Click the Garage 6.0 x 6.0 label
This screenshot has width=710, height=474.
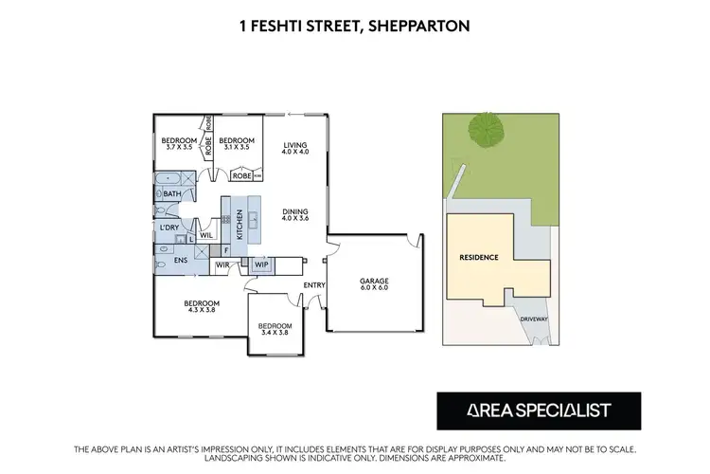[374, 283]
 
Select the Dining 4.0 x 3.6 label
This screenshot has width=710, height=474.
[296, 216]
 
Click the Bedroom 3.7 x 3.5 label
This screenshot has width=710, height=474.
[179, 144]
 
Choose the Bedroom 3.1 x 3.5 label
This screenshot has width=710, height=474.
[233, 144]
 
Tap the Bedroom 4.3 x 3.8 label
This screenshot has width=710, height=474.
[202, 307]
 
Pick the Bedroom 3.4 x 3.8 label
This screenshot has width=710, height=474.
[275, 330]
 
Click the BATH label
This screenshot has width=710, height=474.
[171, 194]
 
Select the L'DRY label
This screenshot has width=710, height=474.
[170, 228]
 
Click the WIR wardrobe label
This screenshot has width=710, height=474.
[222, 266]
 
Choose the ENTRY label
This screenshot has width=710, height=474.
[313, 285]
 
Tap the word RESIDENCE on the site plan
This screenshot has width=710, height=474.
[479, 257]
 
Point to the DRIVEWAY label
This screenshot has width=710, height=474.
[534, 319]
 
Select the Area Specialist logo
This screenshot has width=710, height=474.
[538, 410]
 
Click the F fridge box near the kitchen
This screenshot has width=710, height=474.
[225, 251]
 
